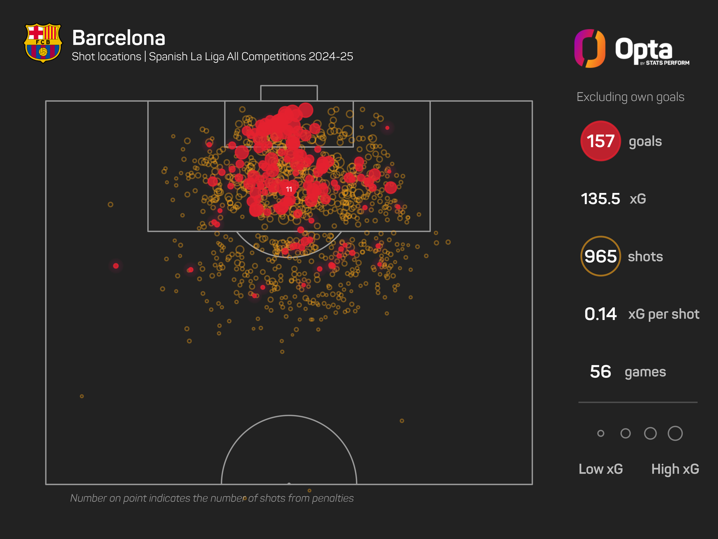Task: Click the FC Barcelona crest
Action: (x=43, y=43)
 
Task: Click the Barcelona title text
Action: (x=118, y=38)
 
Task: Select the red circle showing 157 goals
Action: (x=600, y=141)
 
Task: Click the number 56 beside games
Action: (x=600, y=372)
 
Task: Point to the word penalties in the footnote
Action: (x=333, y=498)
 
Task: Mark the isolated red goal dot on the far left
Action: (x=116, y=266)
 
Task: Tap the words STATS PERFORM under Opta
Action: (x=667, y=63)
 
